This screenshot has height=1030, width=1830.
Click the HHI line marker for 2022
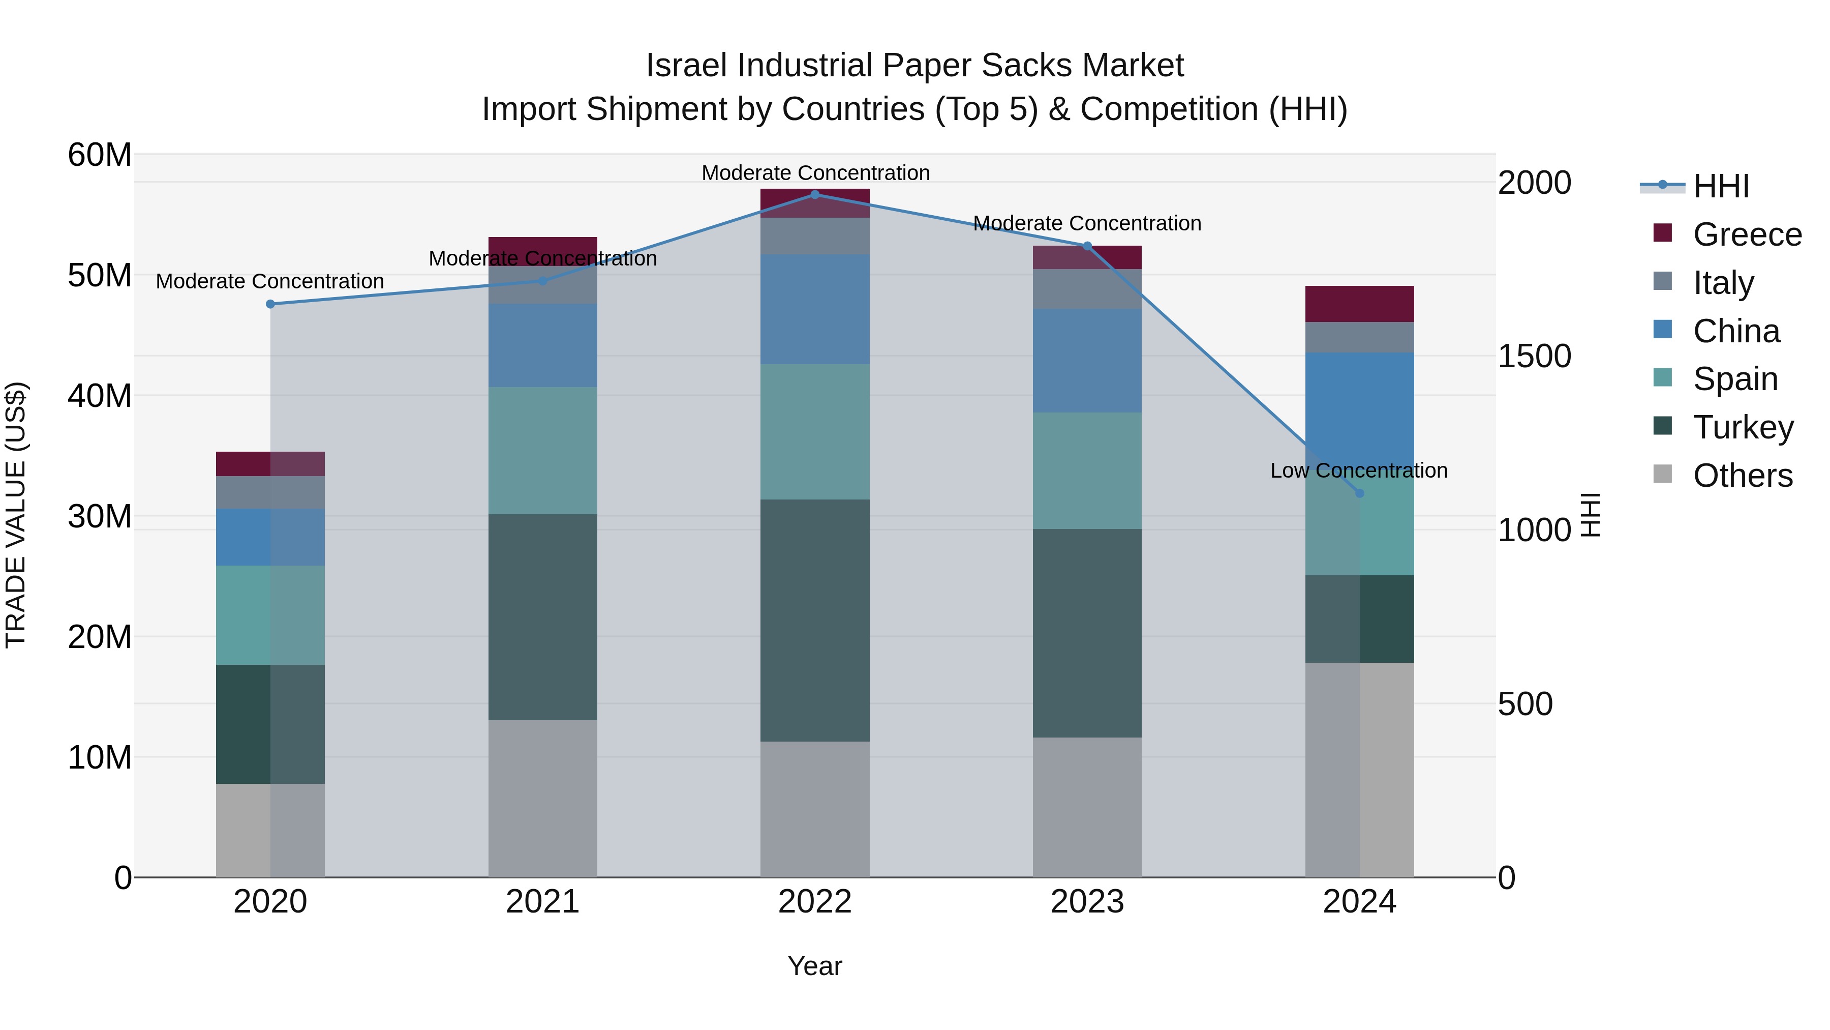point(815,195)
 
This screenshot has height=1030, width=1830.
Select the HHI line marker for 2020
point(270,304)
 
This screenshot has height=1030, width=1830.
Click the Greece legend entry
point(1746,234)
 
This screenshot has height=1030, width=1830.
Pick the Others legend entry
point(1742,476)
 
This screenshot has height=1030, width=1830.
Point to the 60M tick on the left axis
point(100,155)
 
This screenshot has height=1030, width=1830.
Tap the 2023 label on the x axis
point(1087,902)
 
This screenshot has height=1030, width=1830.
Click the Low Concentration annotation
point(1358,470)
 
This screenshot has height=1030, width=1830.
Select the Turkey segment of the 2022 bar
point(815,620)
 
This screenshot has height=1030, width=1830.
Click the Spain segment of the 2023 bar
point(1087,470)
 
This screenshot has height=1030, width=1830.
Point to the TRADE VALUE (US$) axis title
point(16,515)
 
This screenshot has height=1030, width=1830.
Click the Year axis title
point(815,966)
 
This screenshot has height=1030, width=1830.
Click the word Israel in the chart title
point(687,66)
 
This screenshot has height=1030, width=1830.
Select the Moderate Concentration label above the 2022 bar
point(815,173)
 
